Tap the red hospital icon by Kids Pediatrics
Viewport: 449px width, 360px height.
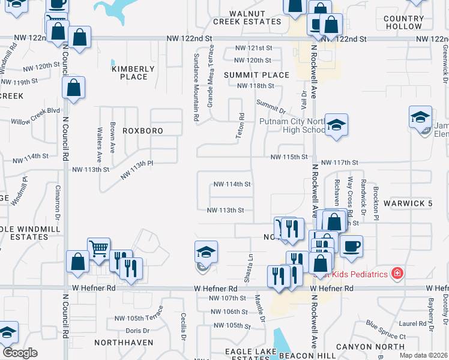click(x=396, y=274)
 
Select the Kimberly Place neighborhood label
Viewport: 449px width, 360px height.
click(x=134, y=73)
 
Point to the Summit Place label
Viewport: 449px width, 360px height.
click(x=257, y=75)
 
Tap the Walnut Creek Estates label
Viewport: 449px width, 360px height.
click(x=247, y=17)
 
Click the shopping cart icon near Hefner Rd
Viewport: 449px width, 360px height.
click(x=98, y=247)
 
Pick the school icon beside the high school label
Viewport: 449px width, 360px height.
click(x=337, y=125)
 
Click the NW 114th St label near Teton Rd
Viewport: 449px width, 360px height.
click(x=231, y=184)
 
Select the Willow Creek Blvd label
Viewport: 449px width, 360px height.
click(x=40, y=111)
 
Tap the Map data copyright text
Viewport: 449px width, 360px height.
click(x=423, y=355)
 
